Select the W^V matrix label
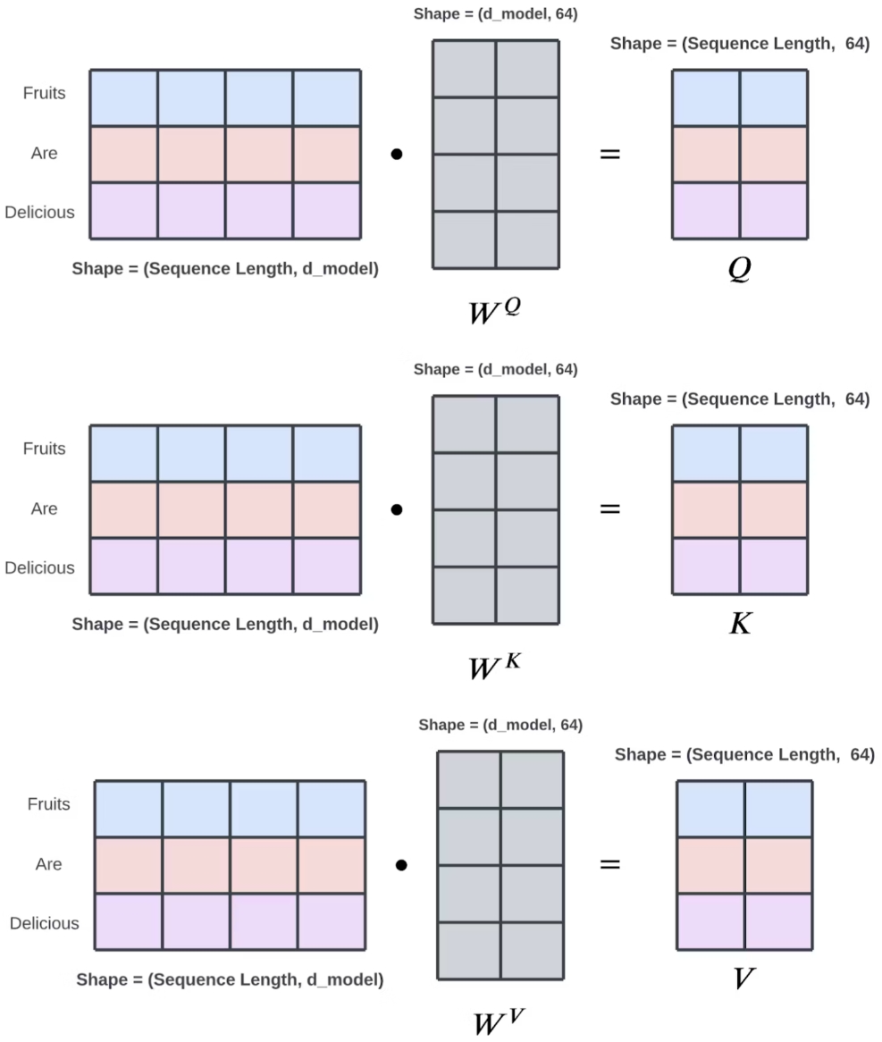tap(498, 1020)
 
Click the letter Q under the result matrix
tap(739, 270)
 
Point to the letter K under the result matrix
tap(740, 624)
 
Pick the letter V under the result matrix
tap(743, 979)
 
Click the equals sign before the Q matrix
tap(609, 154)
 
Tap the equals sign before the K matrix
tap(609, 509)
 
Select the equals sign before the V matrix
tap(609, 864)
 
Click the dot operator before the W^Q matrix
tap(397, 154)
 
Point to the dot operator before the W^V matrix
tap(401, 864)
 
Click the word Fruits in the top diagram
tap(45, 93)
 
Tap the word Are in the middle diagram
tap(45, 508)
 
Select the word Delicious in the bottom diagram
tap(45, 923)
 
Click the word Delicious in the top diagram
tap(39, 213)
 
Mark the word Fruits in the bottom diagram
tap(48, 804)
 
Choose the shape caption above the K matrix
tap(740, 399)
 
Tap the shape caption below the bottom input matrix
tap(230, 979)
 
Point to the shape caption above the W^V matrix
tap(500, 725)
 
